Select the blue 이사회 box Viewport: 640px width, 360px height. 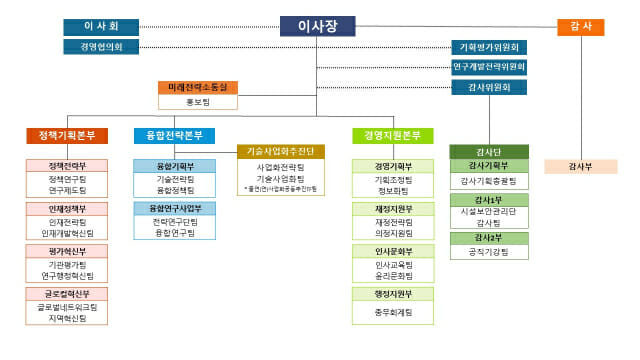(101, 27)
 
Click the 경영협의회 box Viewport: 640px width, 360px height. (101, 47)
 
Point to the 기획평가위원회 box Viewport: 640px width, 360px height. (489, 47)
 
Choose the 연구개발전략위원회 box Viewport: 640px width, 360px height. (489, 67)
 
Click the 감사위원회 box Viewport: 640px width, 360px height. (489, 87)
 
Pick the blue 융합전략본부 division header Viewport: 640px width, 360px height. (175, 135)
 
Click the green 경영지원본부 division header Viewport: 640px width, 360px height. (393, 135)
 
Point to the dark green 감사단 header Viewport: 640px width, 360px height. (489, 151)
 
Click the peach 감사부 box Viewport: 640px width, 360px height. (581, 165)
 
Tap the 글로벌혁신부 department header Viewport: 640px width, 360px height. (69, 294)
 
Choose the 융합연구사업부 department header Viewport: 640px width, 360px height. (175, 208)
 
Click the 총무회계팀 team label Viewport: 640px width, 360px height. (394, 312)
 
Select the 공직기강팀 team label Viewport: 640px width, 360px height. (489, 252)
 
